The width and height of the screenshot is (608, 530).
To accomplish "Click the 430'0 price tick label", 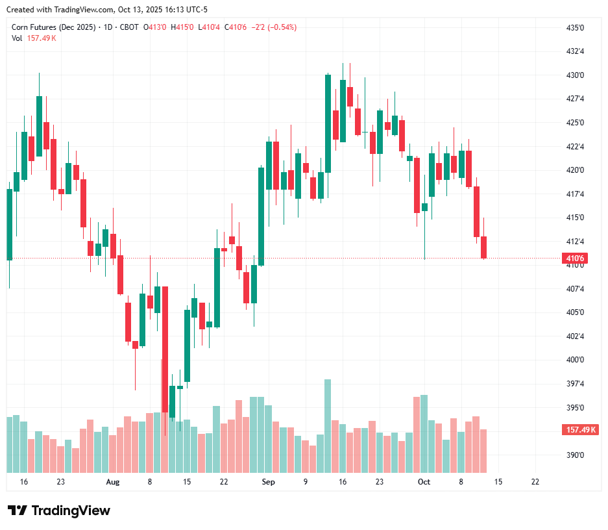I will tap(575, 75).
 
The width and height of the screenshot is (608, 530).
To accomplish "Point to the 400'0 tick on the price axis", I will tap(575, 360).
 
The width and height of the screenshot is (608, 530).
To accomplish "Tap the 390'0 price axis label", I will tap(575, 455).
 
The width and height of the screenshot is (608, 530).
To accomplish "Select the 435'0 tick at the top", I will tap(575, 28).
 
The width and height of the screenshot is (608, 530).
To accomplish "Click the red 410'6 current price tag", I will tap(575, 259).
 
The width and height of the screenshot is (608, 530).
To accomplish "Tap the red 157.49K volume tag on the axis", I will tap(581, 430).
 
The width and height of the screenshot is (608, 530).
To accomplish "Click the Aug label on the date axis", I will tap(113, 482).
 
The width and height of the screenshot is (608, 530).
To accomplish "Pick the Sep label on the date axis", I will tap(268, 482).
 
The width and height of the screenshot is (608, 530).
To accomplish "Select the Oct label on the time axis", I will tap(424, 482).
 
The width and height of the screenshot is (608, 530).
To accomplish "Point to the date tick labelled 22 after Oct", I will tap(535, 482).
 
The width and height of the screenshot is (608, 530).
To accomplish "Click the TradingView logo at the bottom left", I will tap(58, 511).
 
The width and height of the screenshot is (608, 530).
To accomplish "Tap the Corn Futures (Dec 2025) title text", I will tap(53, 27).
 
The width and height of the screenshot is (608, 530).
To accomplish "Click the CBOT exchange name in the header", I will tap(129, 27).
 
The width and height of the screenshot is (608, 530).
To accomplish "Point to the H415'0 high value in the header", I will tap(182, 27).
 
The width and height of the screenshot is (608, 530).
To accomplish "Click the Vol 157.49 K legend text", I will tap(34, 38).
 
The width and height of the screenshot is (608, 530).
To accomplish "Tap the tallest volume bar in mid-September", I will tap(328, 425).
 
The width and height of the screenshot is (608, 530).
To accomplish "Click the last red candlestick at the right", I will tap(483, 247).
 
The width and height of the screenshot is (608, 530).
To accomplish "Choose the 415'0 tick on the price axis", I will tap(575, 218).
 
